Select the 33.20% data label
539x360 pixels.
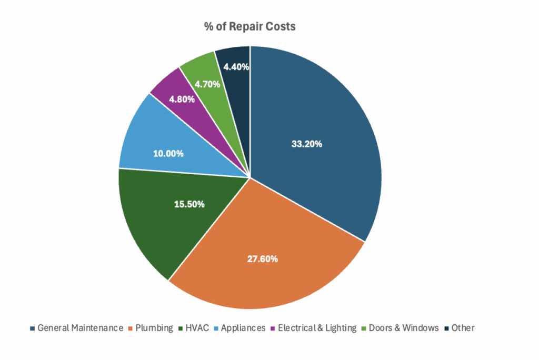(x=307, y=144)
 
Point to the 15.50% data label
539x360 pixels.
(x=189, y=204)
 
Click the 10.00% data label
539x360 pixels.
(x=168, y=154)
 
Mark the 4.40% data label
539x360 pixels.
(x=236, y=67)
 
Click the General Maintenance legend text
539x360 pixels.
(x=80, y=328)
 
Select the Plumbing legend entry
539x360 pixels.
(x=154, y=328)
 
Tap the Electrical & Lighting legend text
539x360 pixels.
(x=317, y=328)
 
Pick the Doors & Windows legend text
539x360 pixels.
(x=404, y=328)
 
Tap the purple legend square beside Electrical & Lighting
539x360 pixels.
(x=272, y=328)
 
